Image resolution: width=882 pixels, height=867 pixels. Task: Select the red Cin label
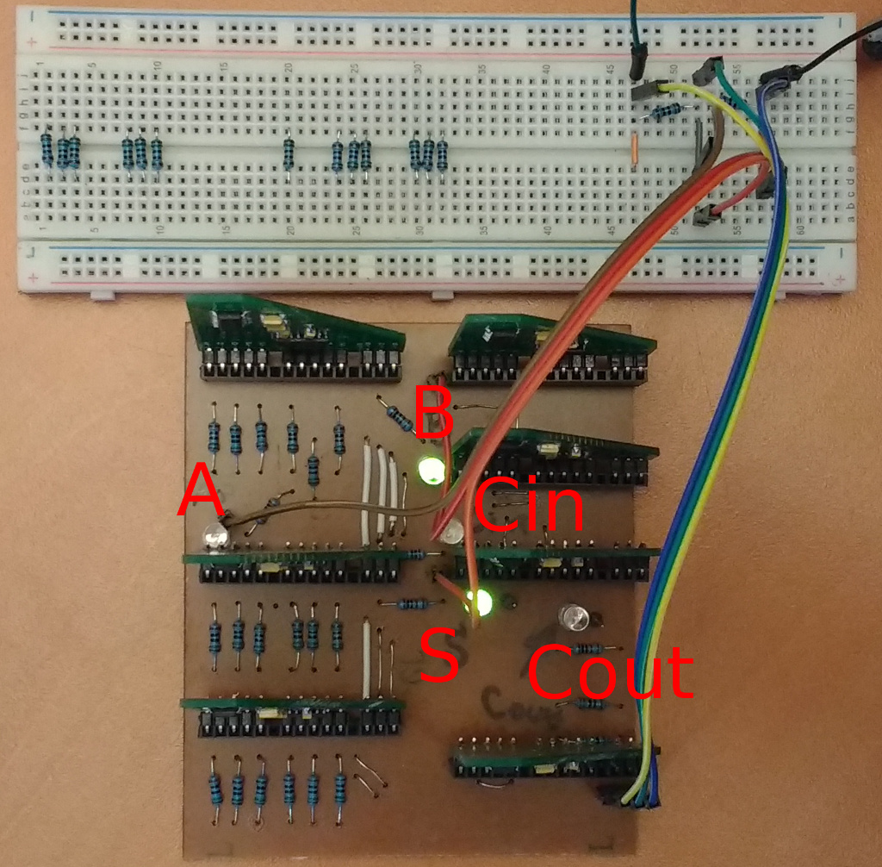tap(528, 506)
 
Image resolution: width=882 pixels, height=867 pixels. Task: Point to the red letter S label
tap(440, 656)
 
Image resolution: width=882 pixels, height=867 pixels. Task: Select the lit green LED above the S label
tap(480, 602)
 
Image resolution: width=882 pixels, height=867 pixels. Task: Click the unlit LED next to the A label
tap(214, 539)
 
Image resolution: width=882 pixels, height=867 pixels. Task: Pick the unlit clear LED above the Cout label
tap(573, 617)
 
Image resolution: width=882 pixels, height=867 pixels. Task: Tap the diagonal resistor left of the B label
tap(400, 418)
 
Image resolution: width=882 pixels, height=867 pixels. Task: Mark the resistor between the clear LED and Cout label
tap(589, 648)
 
